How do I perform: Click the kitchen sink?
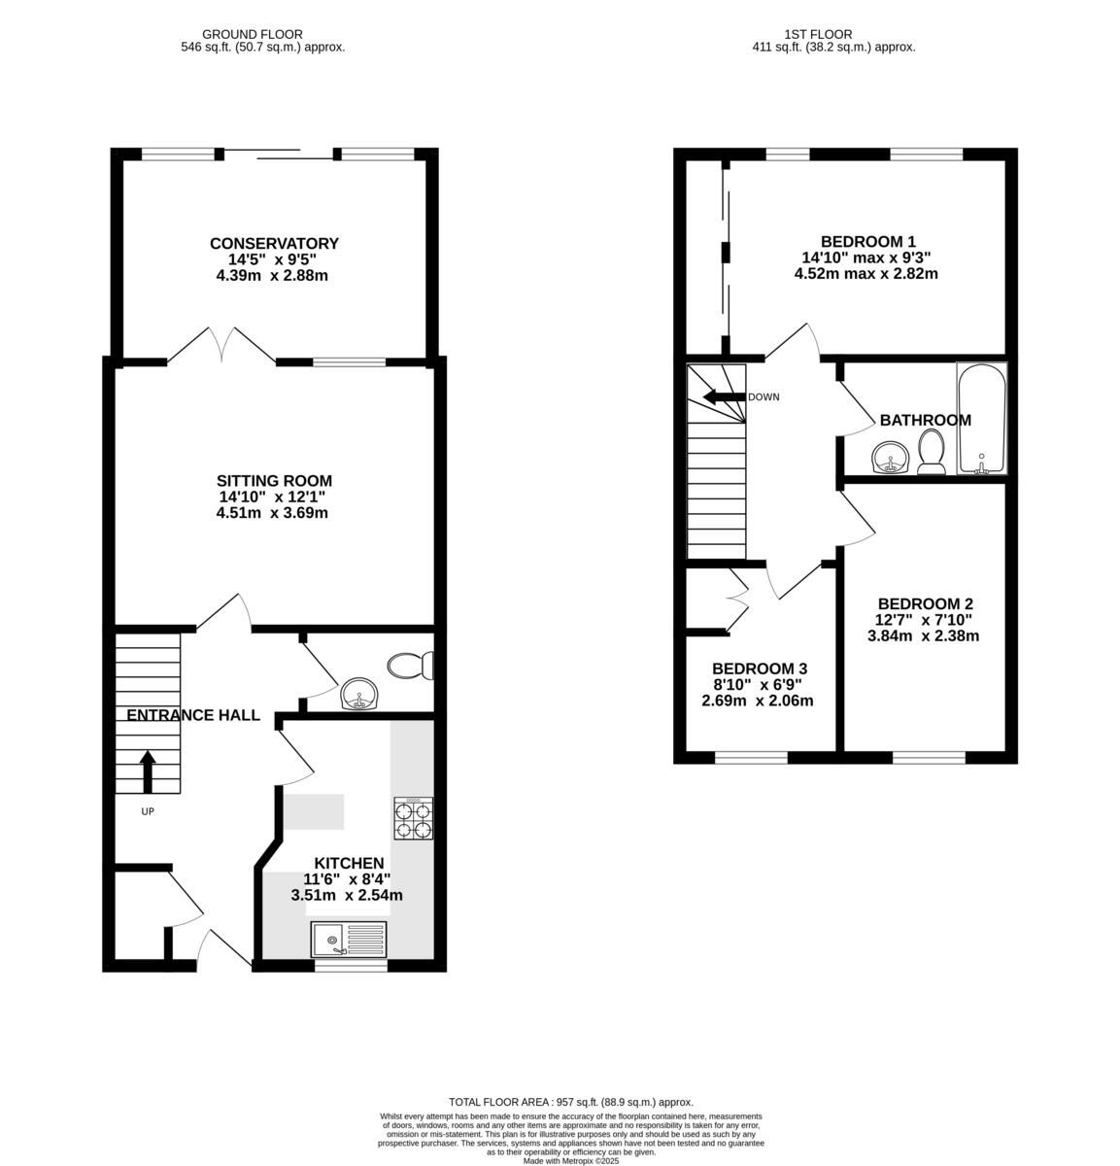349,941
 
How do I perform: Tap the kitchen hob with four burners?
413,817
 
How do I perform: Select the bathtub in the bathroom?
981,419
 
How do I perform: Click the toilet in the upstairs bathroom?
931,454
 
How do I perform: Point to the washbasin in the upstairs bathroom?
888,458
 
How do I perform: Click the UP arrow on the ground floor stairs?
148,772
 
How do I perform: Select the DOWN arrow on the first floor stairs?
724,396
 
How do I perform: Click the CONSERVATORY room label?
273,244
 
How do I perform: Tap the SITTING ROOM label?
273,481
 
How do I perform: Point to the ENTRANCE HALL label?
193,716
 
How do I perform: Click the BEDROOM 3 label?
759,669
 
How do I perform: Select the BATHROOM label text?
925,421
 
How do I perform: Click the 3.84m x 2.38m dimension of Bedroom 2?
923,636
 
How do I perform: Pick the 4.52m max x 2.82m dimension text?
866,274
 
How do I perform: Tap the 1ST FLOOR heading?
833,34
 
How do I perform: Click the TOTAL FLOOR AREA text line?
570,1102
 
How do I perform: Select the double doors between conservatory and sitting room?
222,347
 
